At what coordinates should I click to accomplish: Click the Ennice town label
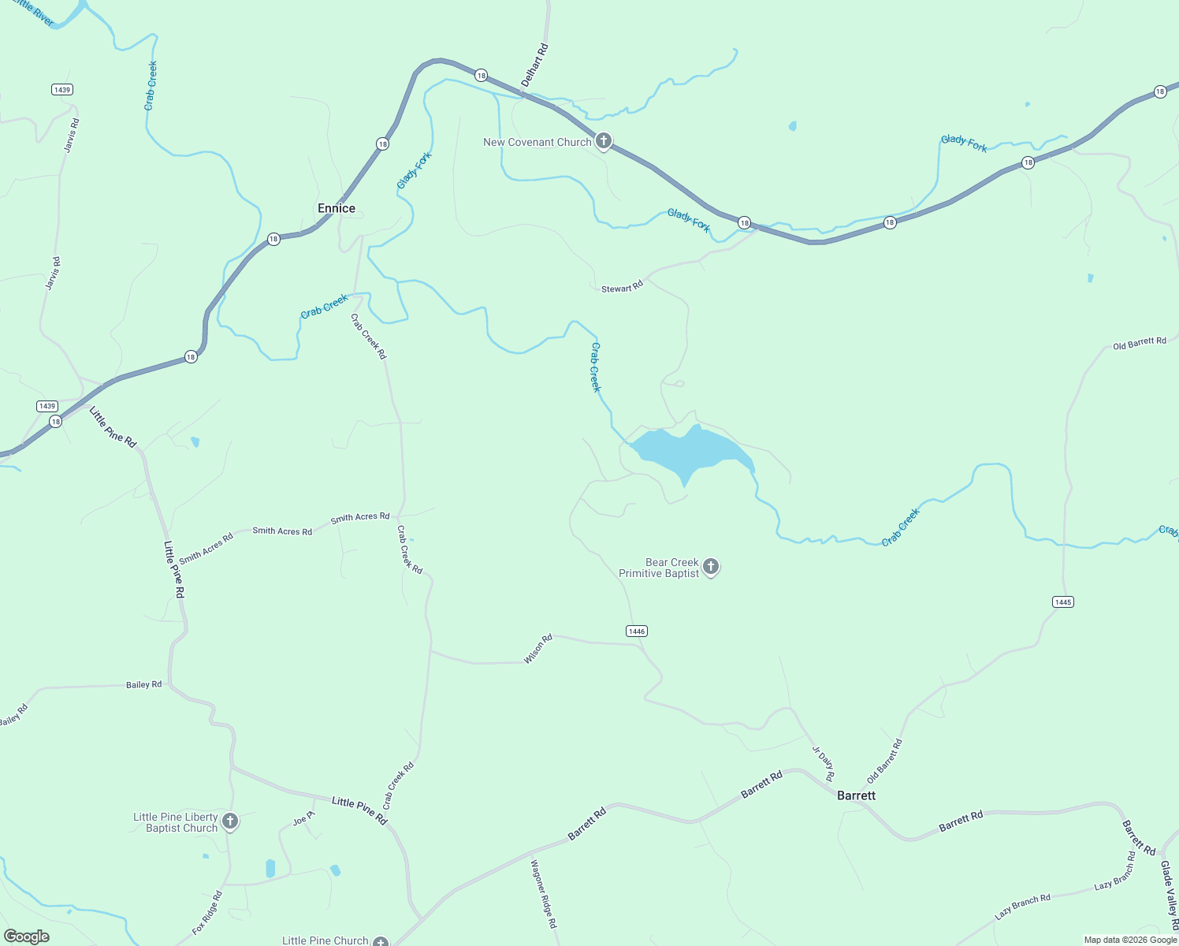click(x=337, y=208)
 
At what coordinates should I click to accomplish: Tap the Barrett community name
click(x=856, y=795)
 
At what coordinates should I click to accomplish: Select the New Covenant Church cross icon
click(x=604, y=142)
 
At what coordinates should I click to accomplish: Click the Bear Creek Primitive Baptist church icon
click(x=711, y=567)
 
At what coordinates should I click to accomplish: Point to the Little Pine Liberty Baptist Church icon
click(x=230, y=821)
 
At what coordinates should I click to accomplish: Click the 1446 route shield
click(x=637, y=631)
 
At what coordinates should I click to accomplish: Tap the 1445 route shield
click(x=1062, y=601)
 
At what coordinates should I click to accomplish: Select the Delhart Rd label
click(x=534, y=65)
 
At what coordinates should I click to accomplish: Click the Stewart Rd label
click(x=622, y=289)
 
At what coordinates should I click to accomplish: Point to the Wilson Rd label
click(x=538, y=649)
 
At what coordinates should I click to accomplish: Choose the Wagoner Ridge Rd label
click(x=544, y=893)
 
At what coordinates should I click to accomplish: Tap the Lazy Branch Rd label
click(x=1022, y=907)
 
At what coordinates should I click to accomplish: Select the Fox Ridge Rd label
click(x=207, y=913)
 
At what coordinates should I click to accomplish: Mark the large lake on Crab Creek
click(x=689, y=452)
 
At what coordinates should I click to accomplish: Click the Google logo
click(x=26, y=937)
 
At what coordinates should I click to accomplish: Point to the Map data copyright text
click(x=1129, y=940)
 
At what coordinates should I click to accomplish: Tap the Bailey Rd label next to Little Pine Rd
click(x=144, y=684)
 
